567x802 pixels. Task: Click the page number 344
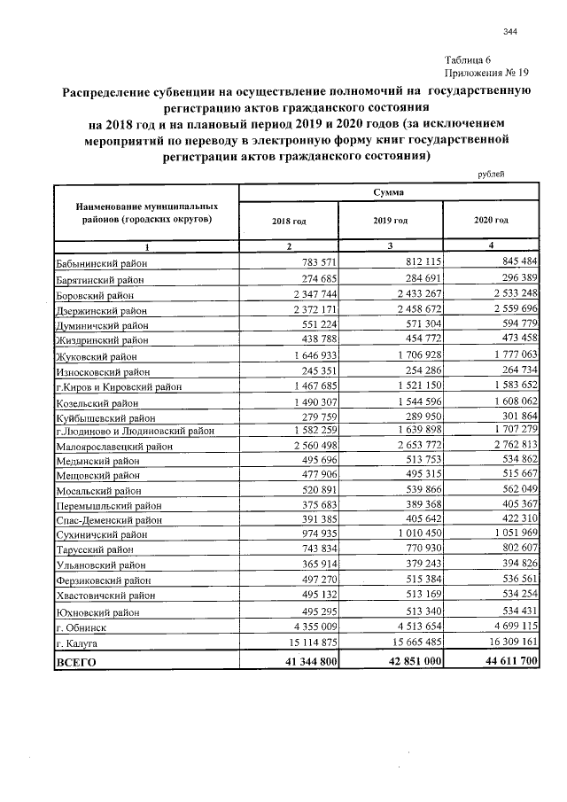click(509, 33)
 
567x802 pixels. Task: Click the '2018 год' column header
click(289, 221)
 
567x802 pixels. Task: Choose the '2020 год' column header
click(491, 221)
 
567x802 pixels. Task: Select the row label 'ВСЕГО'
click(76, 661)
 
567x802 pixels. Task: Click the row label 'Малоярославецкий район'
click(114, 447)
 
